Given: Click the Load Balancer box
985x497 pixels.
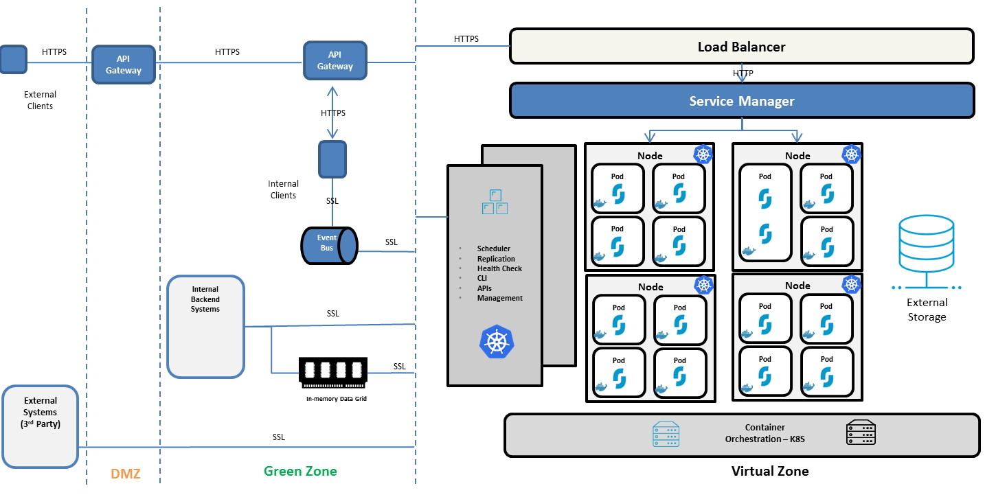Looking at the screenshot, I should tap(741, 47).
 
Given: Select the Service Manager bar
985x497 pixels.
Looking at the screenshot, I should tap(741, 101).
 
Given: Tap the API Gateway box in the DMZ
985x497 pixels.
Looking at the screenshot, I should tap(124, 65).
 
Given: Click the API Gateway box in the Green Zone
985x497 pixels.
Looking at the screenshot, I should tap(335, 60).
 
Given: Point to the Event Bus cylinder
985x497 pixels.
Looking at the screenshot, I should tap(329, 244).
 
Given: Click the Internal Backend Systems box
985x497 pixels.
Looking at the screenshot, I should tap(205, 326).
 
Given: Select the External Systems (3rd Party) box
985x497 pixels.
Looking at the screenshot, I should tap(40, 426).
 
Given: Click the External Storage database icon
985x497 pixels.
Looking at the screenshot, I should tap(927, 243).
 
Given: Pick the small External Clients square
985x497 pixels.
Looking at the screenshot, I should tap(13, 60).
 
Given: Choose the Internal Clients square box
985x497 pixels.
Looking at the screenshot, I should tap(332, 159).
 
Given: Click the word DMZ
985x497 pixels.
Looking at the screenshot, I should tap(125, 472).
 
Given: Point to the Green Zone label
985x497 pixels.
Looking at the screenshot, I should tap(300, 471).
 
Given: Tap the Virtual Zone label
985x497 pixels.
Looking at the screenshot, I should tap(769, 471).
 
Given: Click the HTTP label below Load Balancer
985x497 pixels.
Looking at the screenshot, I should tap(743, 73).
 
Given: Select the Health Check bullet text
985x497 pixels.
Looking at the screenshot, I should tap(499, 268).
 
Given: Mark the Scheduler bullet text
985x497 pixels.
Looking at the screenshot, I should tap(494, 248).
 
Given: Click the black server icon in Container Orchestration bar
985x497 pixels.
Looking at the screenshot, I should tap(861, 432).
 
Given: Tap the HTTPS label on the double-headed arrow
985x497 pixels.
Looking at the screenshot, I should tap(333, 113).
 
